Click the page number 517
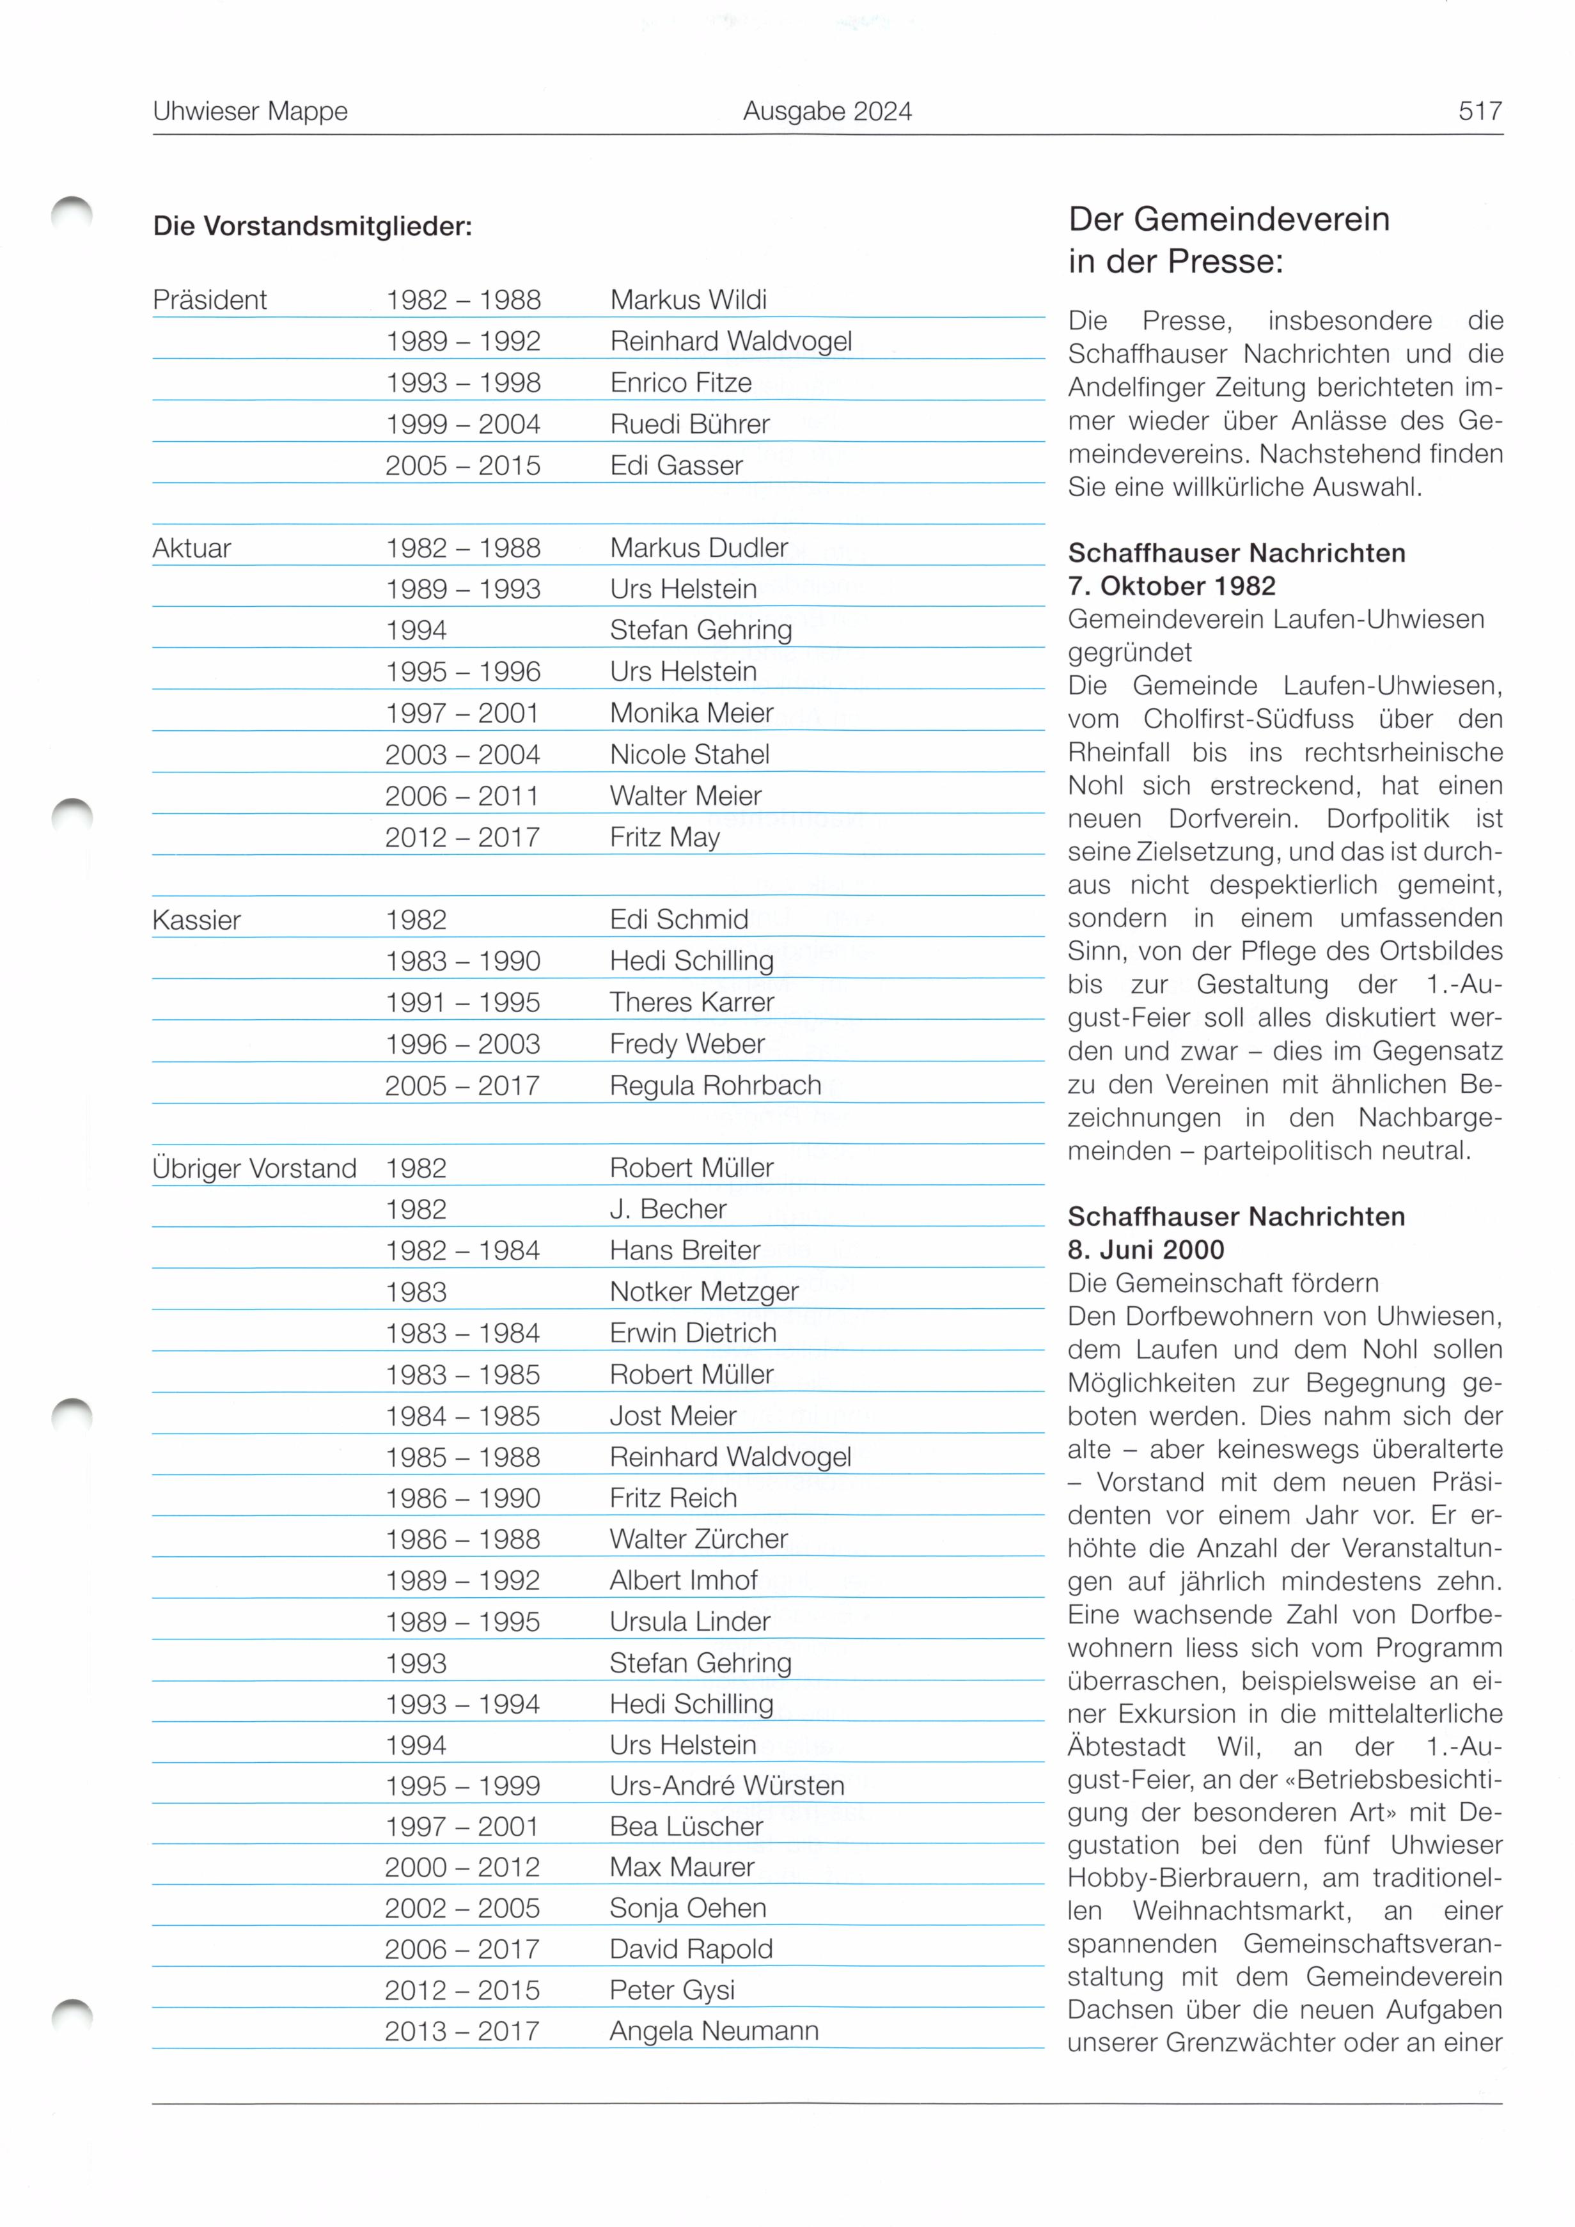(x=1480, y=111)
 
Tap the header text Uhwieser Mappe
(x=250, y=111)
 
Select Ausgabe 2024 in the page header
(x=827, y=111)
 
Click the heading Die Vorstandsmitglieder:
(x=312, y=227)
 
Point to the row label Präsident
(x=210, y=301)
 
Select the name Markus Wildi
(x=689, y=301)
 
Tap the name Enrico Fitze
(x=681, y=383)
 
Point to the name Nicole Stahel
(x=689, y=754)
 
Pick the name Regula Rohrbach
(x=715, y=1086)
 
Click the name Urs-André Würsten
(x=726, y=1786)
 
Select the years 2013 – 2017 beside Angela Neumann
(x=462, y=2031)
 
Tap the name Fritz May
(x=664, y=837)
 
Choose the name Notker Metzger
(x=704, y=1292)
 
